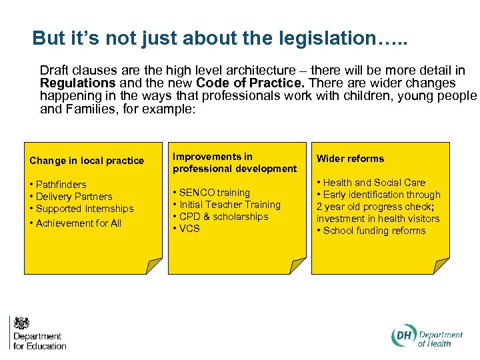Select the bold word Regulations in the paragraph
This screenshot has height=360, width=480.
point(77,83)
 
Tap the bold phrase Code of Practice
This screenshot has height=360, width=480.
point(251,83)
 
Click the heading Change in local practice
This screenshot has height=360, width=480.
point(87,161)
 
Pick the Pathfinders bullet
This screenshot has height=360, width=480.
point(61,185)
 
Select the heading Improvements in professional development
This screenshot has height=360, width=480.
point(234,163)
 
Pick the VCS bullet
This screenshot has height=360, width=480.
point(189,229)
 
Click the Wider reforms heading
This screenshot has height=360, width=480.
point(350,159)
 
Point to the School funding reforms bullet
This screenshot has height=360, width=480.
point(373,231)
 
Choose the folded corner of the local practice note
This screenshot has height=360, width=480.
point(155,267)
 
